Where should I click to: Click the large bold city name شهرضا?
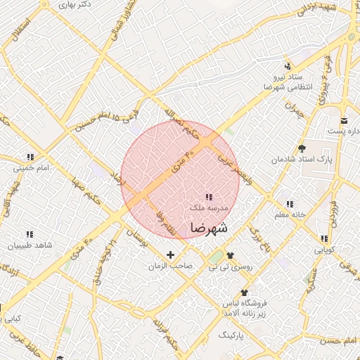tap(209, 228)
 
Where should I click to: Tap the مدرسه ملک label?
tap(208, 209)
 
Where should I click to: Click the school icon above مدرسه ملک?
tap(208, 197)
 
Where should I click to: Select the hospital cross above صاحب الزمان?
tap(170, 254)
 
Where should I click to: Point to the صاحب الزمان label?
tap(170, 266)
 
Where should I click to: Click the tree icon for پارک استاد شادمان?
tap(302, 148)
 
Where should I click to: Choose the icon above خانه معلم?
tap(290, 204)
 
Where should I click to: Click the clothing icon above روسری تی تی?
tap(231, 256)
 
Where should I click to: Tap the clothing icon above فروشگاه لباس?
tap(244, 292)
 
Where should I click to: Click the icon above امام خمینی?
tap(30, 157)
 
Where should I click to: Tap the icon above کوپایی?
tap(323, 239)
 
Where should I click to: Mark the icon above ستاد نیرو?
tap(287, 65)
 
